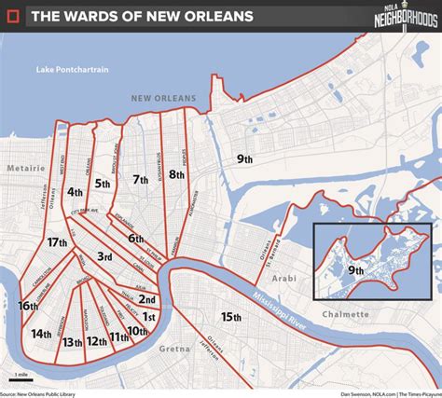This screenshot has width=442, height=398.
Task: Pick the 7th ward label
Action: point(141,179)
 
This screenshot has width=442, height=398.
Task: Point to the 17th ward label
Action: point(59,242)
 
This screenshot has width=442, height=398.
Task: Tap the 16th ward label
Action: point(27,305)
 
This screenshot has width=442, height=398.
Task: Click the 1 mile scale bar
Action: point(16,377)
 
